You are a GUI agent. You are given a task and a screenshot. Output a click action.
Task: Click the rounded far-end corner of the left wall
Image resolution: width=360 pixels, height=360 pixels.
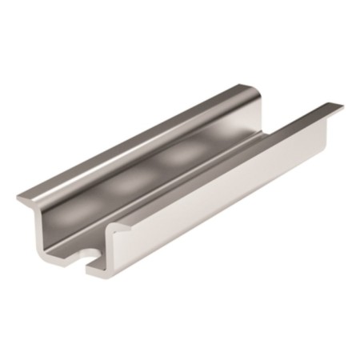[x=254, y=90]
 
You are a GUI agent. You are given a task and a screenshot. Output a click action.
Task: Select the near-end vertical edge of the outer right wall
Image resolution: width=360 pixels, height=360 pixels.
[x=121, y=252]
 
